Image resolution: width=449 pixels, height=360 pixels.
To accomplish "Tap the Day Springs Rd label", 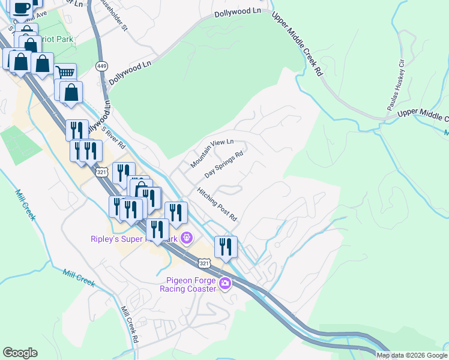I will click(223, 164).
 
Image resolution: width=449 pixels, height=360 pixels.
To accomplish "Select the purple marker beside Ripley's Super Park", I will click(187, 238).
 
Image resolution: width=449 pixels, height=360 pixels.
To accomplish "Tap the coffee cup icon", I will click(21, 8).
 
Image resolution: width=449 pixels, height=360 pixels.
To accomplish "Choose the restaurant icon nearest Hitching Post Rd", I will click(226, 246).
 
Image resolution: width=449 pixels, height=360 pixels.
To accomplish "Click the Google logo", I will click(20, 353).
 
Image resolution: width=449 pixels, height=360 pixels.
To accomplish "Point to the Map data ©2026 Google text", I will click(412, 355).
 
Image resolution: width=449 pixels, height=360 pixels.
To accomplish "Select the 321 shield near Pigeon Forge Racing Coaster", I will click(204, 263).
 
